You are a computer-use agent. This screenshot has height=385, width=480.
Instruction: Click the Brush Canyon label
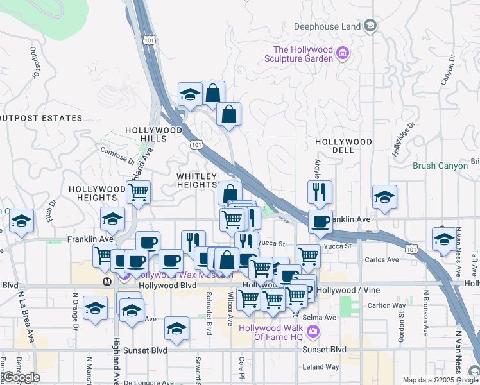click(x=440, y=166)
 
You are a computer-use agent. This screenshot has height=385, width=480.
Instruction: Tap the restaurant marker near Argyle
click(x=319, y=191)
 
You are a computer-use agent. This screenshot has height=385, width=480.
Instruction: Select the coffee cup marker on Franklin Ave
click(x=320, y=221)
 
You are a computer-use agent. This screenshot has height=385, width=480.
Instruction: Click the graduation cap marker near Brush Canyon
click(x=384, y=196)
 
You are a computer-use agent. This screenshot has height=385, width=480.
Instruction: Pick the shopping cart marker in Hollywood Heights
click(x=138, y=191)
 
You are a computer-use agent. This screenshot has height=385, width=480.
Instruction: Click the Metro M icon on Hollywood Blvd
click(x=107, y=281)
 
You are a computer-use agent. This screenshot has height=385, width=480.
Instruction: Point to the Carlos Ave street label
click(x=381, y=260)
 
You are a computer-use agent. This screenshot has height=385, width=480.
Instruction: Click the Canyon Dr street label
click(x=447, y=71)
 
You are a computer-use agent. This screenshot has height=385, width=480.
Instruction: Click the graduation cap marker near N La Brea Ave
click(x=21, y=221)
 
